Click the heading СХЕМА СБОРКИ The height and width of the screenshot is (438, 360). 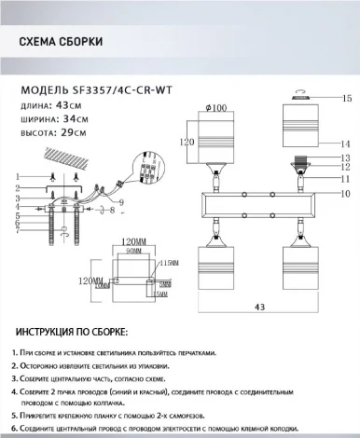[x=62, y=42]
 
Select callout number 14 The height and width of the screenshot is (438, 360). [x=344, y=144]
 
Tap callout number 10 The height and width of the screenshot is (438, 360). [x=344, y=193]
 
